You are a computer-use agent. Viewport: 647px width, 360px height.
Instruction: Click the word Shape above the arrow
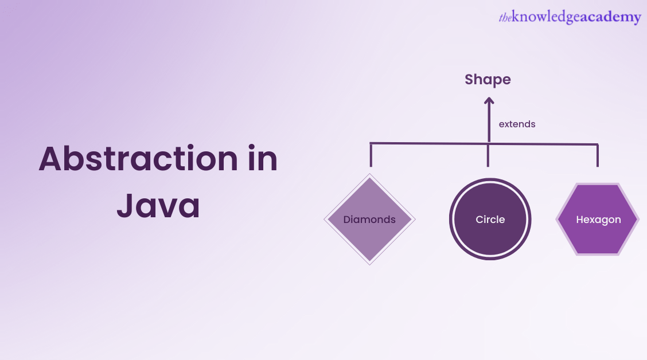tap(488, 80)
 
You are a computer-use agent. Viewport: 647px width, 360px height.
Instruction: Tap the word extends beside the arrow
tap(517, 124)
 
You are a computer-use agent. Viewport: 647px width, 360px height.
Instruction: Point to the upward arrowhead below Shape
tap(489, 101)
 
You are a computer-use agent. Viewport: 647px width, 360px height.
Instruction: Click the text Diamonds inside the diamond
tap(369, 220)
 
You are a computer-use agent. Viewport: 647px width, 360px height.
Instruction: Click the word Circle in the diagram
tap(490, 220)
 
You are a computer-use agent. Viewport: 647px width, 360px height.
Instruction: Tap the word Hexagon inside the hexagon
tap(598, 220)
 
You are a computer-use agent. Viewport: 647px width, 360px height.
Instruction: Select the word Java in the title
tap(158, 206)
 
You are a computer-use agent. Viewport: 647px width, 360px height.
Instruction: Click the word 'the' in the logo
tap(505, 18)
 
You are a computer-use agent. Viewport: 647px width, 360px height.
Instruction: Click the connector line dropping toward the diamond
tap(371, 155)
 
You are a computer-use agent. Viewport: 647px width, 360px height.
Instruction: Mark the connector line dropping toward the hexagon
tap(598, 155)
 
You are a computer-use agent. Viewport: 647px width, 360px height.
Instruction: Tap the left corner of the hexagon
tap(557, 219)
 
